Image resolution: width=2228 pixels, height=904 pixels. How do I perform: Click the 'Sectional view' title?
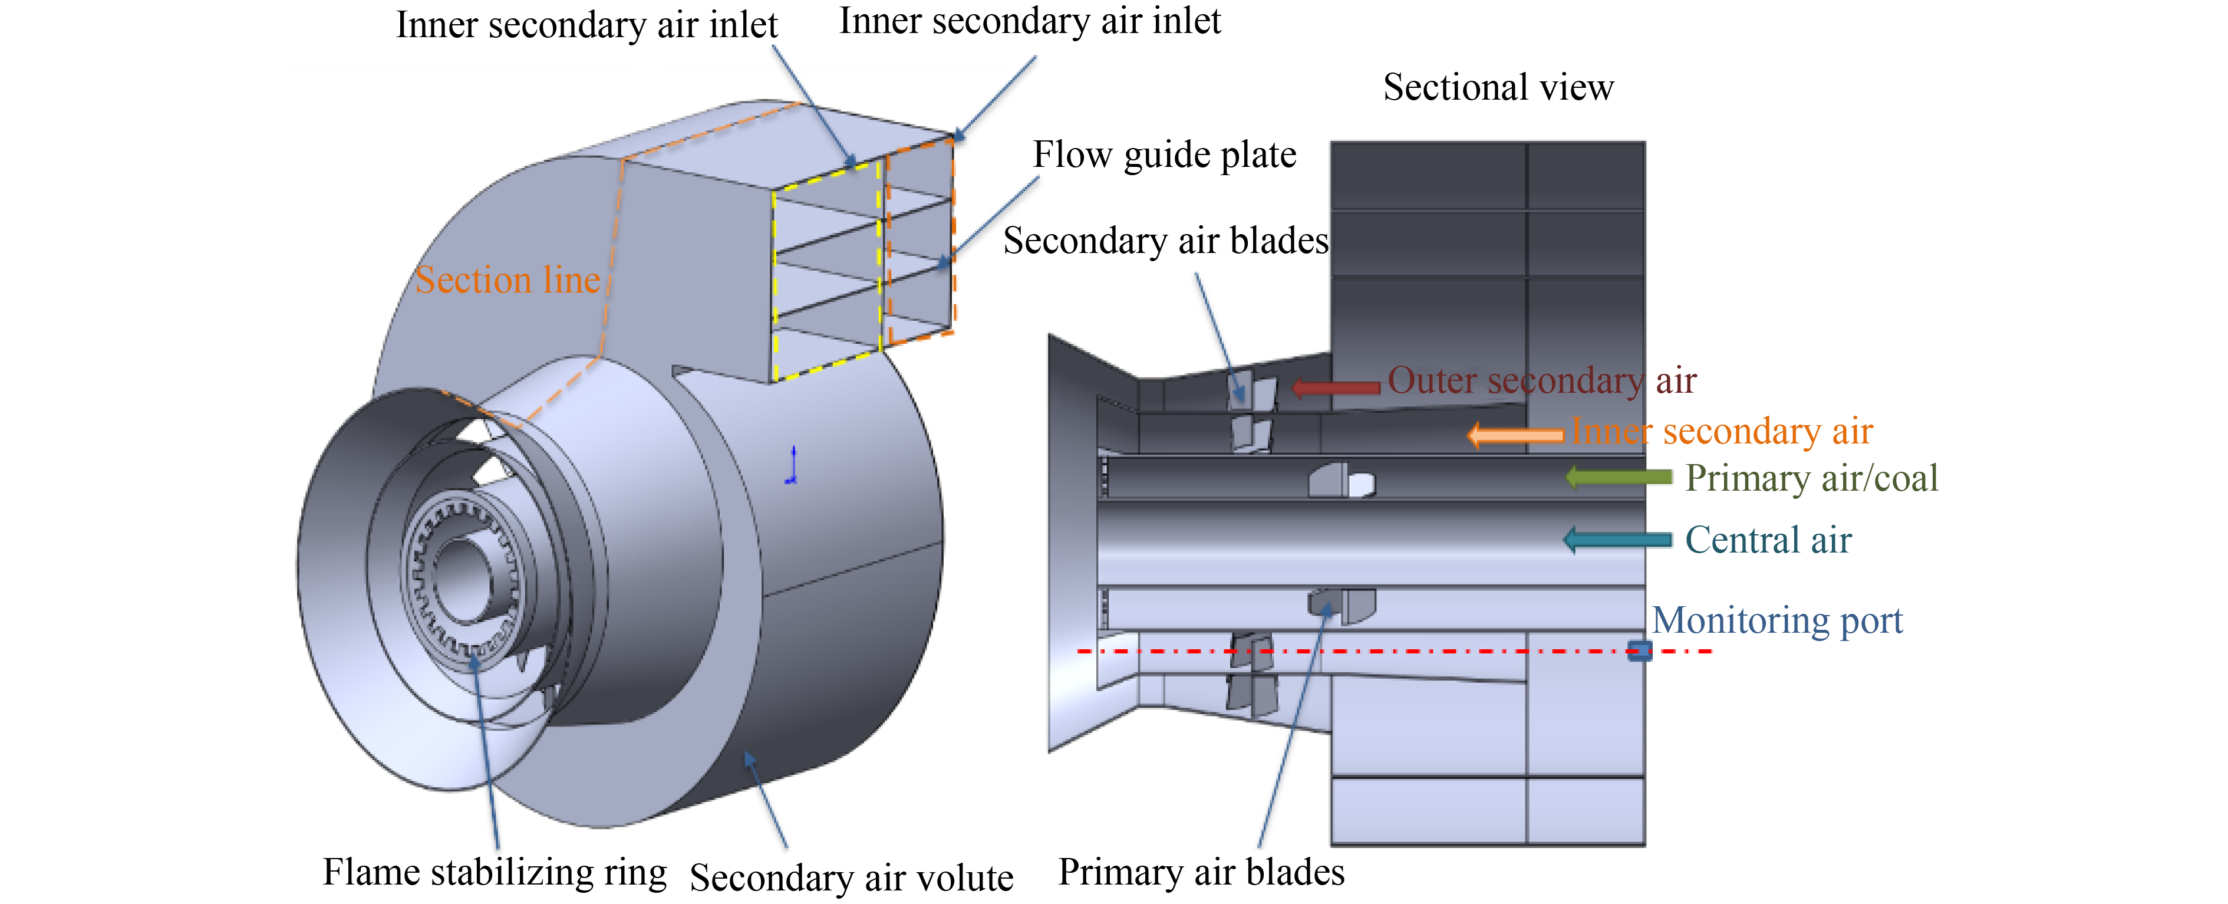coord(1498,87)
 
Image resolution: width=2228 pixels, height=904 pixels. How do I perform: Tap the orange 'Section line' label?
coord(507,280)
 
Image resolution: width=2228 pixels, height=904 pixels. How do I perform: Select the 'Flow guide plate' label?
coord(1164,155)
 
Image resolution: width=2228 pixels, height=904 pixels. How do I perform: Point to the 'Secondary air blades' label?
coord(1165,241)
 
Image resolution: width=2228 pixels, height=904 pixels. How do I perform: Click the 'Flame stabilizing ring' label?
coord(495,872)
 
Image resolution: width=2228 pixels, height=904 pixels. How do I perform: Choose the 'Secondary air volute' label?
coord(851,878)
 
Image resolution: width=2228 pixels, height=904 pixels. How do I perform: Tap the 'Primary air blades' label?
coord(1201,872)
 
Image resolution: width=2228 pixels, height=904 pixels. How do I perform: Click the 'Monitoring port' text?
coord(1777,620)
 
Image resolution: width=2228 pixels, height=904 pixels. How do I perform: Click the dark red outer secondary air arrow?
coord(1336,387)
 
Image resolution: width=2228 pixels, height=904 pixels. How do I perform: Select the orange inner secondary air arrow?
coord(1515,434)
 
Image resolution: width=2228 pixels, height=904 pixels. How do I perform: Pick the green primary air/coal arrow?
coord(1618,476)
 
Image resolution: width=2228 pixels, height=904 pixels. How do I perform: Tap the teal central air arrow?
coord(1617,540)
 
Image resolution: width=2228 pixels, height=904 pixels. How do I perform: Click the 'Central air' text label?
coord(1768,540)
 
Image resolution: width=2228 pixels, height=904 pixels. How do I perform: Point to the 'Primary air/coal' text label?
coord(1811,478)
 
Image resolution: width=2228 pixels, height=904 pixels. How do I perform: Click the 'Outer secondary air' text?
coord(1542,380)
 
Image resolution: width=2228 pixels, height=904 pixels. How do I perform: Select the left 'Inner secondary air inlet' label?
coord(586,25)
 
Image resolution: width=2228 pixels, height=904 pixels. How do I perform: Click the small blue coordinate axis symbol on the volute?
coord(792,465)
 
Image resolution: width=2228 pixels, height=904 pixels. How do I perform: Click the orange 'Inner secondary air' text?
coord(1721,431)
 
